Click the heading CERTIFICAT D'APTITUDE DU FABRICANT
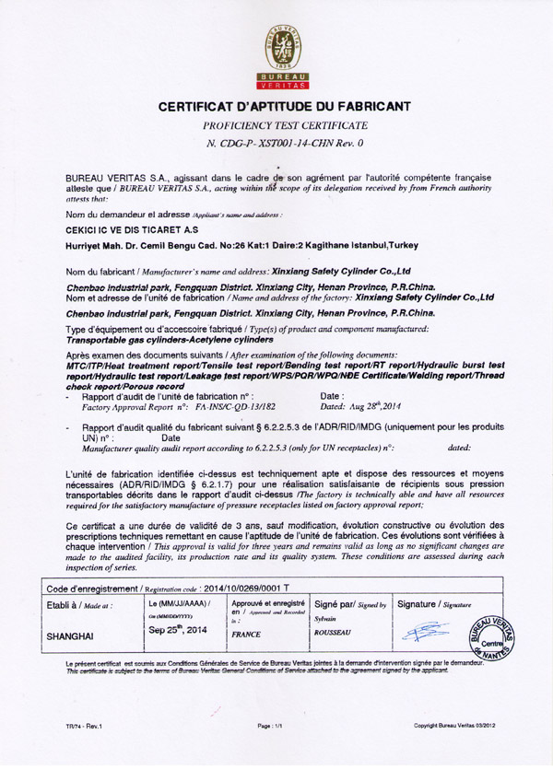click(x=276, y=107)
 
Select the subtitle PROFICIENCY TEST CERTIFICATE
click(x=276, y=124)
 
